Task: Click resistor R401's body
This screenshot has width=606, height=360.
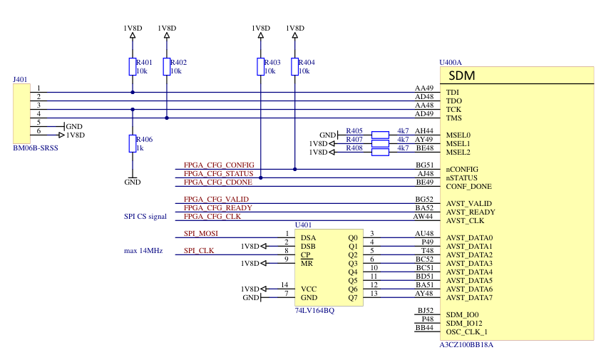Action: tap(132, 66)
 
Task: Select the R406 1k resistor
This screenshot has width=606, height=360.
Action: tap(132, 143)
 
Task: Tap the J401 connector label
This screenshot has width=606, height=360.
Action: tap(21, 79)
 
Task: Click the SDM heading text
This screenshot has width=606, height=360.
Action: tap(462, 76)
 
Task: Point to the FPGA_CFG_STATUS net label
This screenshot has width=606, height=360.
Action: tap(218, 173)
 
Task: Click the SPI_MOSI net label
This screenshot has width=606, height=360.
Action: tap(201, 233)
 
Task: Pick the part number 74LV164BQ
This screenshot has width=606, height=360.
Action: tap(315, 311)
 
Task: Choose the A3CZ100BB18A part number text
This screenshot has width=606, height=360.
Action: tap(467, 344)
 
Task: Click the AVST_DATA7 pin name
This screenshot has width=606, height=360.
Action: tap(470, 297)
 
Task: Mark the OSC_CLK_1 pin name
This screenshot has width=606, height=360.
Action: tap(467, 331)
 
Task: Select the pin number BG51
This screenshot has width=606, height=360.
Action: tap(425, 165)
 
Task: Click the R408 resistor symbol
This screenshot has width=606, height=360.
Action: tap(380, 148)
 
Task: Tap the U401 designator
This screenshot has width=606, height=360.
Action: tap(304, 225)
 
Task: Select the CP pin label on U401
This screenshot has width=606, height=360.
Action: tap(304, 254)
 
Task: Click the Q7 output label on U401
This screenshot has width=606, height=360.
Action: tap(352, 297)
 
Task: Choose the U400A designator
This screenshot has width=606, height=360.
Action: tap(451, 63)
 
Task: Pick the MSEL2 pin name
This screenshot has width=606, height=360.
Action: tap(458, 152)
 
